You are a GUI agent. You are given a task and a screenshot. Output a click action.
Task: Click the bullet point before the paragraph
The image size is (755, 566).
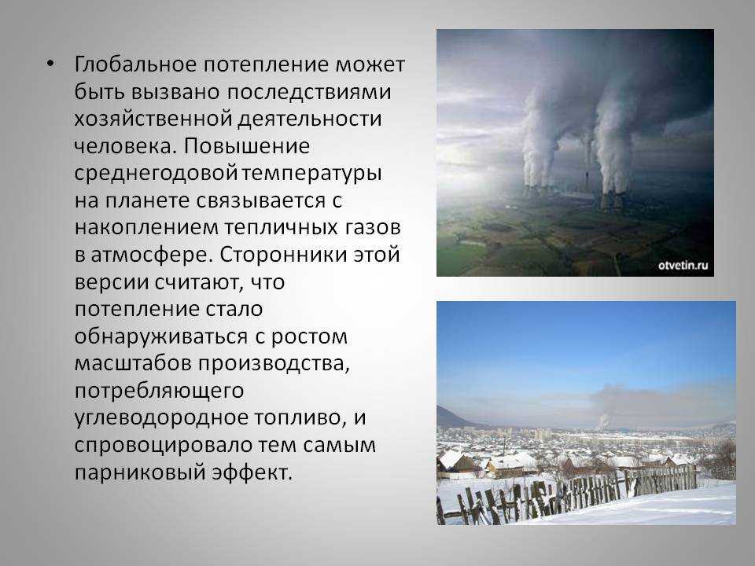(x=50, y=64)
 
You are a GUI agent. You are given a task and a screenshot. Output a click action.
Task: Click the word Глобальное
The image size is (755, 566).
(x=134, y=64)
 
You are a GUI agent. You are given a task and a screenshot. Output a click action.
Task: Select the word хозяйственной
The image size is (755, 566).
(x=153, y=119)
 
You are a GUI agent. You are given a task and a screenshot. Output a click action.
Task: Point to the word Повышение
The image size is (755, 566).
(x=246, y=146)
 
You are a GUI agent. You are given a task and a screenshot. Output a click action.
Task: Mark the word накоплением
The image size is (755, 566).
(x=146, y=228)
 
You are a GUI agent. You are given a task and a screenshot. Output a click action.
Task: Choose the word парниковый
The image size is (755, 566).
(x=140, y=472)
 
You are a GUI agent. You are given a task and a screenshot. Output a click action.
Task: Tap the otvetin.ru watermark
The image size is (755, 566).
(x=683, y=265)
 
